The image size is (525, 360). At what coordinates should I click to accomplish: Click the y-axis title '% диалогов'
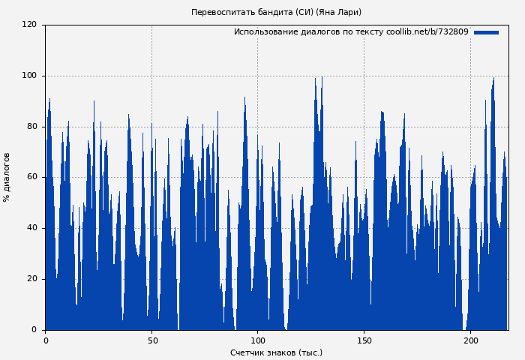pos(7,177)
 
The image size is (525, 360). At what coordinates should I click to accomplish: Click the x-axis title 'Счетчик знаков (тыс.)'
pos(276,352)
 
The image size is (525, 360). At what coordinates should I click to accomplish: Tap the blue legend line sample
pos(486,32)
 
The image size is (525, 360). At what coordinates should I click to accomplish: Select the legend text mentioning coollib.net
pos(351,32)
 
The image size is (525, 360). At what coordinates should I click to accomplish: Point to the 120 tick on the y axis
pos(29,25)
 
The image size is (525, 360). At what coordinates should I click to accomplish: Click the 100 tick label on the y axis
pos(29,76)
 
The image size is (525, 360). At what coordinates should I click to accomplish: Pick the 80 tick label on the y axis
pos(31,127)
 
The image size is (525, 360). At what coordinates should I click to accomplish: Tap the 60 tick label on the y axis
pos(31,177)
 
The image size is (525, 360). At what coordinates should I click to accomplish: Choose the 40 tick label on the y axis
pos(31,228)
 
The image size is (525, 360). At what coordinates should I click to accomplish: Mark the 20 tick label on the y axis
pos(31,279)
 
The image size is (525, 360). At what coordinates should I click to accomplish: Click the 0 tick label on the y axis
pos(34,329)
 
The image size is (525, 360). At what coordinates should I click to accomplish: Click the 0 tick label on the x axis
pos(46,340)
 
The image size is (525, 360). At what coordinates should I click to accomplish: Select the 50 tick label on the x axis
pos(151,340)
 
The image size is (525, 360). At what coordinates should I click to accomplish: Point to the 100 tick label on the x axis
pos(258,340)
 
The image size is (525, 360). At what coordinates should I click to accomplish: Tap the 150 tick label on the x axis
pos(364,340)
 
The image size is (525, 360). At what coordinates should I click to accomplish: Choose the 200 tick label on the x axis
pos(470,340)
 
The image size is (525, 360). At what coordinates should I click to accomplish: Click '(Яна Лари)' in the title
pos(338,12)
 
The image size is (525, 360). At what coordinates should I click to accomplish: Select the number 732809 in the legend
pos(452,32)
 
